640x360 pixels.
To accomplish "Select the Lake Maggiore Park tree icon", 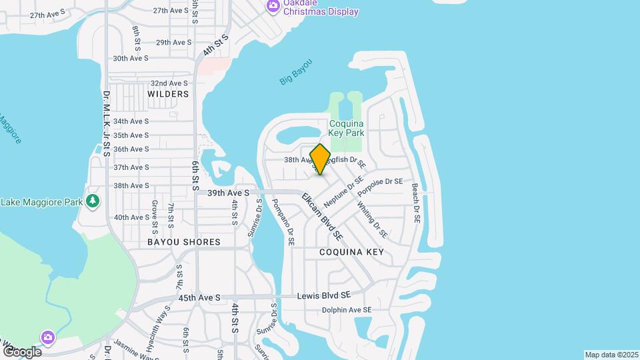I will [93, 201].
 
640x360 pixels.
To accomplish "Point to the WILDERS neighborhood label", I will [168, 94].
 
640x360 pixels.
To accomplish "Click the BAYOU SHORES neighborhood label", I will [183, 242].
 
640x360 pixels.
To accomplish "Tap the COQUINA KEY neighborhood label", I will [351, 252].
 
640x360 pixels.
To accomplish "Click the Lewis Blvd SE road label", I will [323, 295].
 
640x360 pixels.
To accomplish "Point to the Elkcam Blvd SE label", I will [322, 217].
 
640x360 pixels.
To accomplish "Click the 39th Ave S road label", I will [227, 193].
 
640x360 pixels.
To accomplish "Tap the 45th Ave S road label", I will [199, 297].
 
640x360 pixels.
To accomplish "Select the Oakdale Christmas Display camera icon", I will [272, 6].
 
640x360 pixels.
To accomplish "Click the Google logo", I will [21, 351].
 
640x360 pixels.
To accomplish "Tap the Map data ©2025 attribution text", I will [611, 355].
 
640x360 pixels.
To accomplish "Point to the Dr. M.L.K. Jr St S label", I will [107, 123].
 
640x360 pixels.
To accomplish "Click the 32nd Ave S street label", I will [169, 83].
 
